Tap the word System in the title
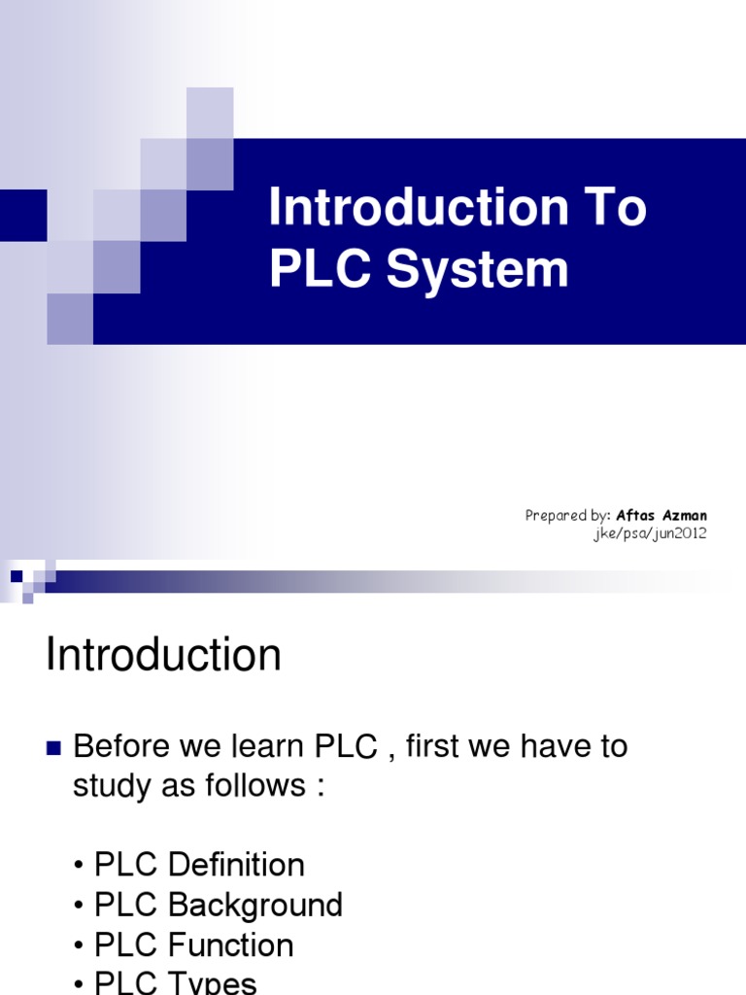tap(478, 269)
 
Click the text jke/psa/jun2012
tap(650, 533)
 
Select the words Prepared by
tap(567, 515)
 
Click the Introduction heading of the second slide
tap(163, 655)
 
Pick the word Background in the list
tap(255, 905)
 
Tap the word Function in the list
tap(230, 944)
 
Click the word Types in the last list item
tap(213, 982)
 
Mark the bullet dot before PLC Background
tap(79, 906)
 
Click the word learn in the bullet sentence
tap(263, 746)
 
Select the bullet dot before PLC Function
tap(79, 945)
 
